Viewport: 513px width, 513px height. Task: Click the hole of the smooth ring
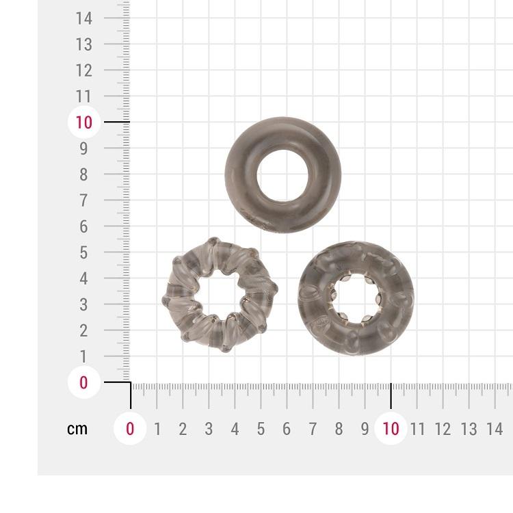click(283, 176)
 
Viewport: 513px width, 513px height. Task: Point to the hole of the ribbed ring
click(220, 294)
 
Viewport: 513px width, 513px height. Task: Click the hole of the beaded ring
click(356, 298)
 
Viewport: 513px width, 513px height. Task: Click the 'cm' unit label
click(77, 429)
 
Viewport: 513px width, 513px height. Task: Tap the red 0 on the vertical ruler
click(83, 382)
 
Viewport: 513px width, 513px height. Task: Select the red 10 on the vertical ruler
click(83, 122)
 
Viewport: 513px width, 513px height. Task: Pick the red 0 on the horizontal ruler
click(130, 429)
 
